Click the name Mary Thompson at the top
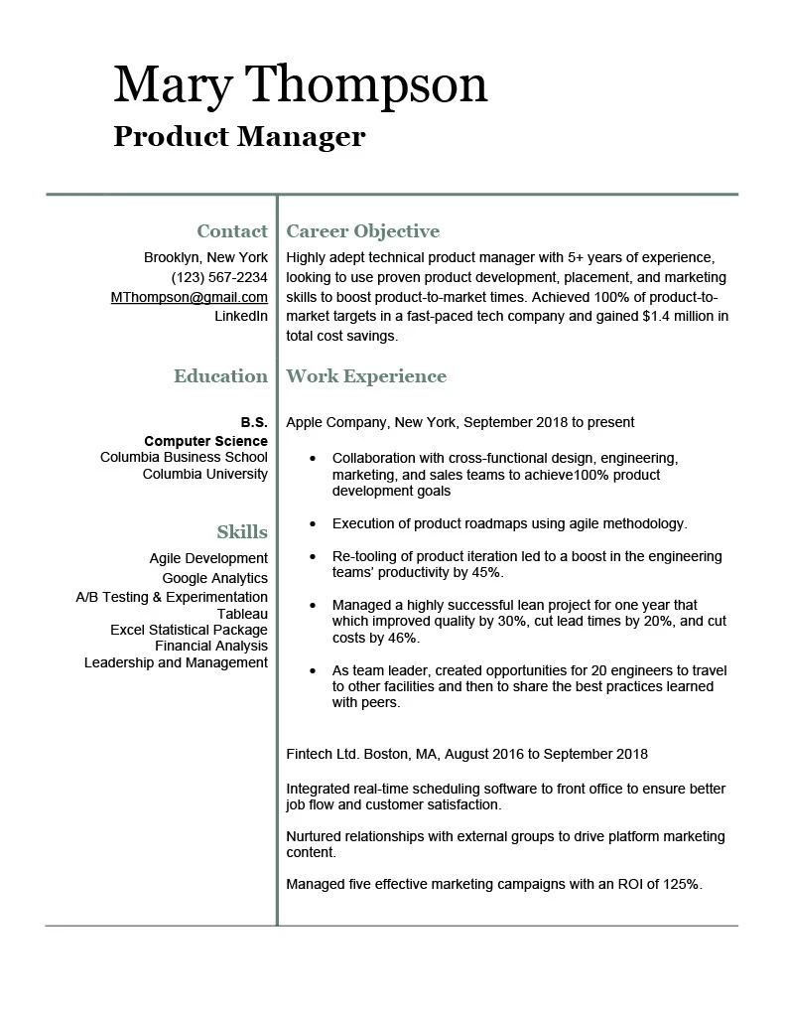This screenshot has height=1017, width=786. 300,85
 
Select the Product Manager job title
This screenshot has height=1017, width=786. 239,136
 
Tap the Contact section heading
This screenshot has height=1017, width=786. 232,231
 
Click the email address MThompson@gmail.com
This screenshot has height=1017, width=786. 190,297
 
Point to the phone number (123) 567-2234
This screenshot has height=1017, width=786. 219,277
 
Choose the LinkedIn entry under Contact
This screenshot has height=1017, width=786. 241,316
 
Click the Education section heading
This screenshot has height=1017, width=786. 220,376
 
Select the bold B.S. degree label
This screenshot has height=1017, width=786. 254,422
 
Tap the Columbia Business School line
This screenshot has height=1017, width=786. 184,457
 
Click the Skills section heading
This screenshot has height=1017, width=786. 242,532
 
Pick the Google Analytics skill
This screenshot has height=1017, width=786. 215,578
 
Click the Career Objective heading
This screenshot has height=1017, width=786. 362,231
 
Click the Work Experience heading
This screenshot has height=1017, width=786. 366,376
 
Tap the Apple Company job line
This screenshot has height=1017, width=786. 459,422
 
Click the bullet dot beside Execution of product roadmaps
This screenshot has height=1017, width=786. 314,523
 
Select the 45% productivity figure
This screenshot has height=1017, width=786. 486,573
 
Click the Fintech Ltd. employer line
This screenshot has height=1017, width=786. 466,754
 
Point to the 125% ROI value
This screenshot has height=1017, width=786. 683,883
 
